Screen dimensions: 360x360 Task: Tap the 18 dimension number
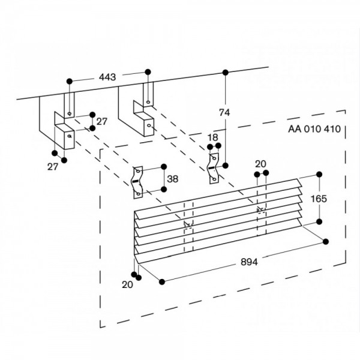(213, 138)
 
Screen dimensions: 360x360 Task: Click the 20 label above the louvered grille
(260, 164)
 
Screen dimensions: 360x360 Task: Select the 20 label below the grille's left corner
(127, 285)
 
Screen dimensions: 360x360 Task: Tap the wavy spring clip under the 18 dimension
(212, 167)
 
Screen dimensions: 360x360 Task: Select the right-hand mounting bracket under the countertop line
(137, 111)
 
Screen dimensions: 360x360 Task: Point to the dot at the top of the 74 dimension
(226, 73)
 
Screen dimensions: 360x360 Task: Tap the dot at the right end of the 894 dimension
(325, 241)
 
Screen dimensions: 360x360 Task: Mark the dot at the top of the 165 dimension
(318, 175)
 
